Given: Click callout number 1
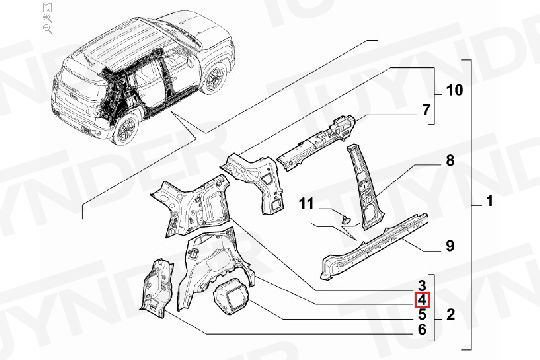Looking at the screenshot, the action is click(489, 201).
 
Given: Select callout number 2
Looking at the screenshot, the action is click(450, 315).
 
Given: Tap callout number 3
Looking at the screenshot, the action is click(422, 285).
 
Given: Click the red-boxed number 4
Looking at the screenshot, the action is click(422, 300).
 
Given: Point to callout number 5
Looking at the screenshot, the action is click(422, 315).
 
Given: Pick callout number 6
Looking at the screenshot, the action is click(422, 330).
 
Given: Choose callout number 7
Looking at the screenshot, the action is click(426, 110).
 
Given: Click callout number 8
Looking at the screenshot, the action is click(450, 161).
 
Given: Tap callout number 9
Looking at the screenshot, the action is click(450, 246).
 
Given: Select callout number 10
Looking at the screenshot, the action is click(455, 90).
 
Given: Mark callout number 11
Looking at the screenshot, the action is click(307, 203).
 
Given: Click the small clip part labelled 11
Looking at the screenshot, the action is click(345, 219).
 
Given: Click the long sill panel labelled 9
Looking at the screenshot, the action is click(375, 246).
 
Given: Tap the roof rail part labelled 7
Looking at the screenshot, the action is click(317, 142).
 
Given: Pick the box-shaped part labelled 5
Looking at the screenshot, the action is click(231, 296).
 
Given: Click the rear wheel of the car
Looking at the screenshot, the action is click(126, 128).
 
